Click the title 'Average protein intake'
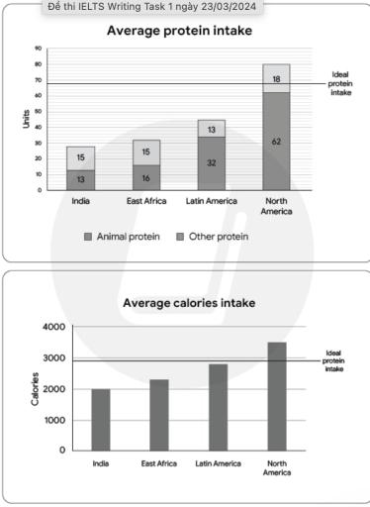[x=178, y=31]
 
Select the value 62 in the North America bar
[x=277, y=142]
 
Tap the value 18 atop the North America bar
[x=277, y=78]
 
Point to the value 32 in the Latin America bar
[x=212, y=162]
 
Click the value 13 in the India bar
[x=81, y=179]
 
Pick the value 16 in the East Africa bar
[x=145, y=177]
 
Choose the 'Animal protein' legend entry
[x=120, y=237]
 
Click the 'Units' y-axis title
[x=27, y=119]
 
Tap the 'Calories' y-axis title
[x=36, y=389]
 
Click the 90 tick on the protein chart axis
[x=38, y=48]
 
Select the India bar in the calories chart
[x=100, y=419]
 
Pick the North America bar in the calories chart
[x=277, y=396]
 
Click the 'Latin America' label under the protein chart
[x=211, y=201]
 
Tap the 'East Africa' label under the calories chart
[x=159, y=463]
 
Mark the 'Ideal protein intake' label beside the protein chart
[x=339, y=83]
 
